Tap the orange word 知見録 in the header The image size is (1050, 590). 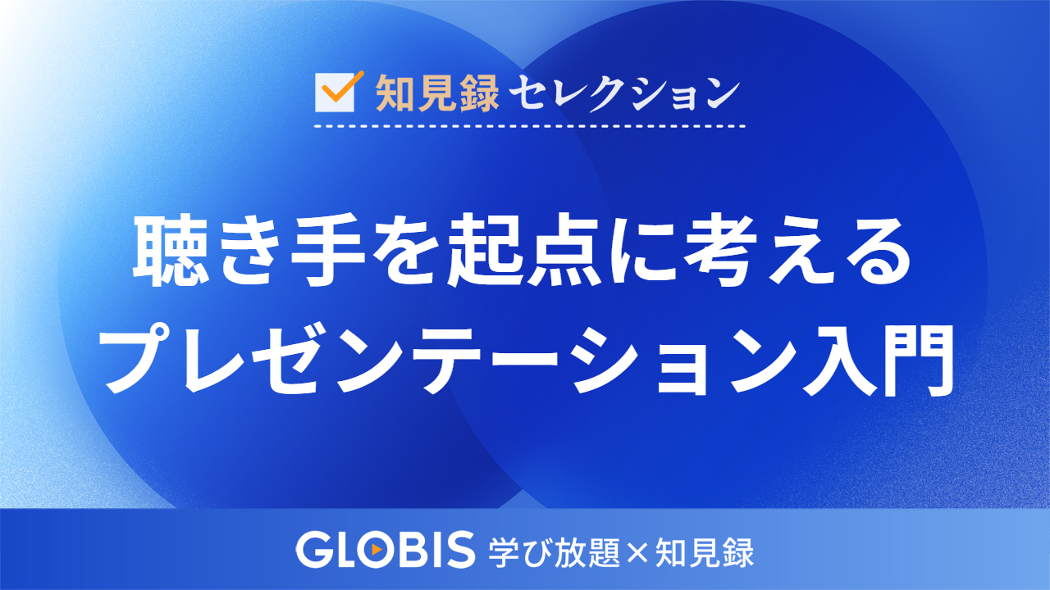click(437, 93)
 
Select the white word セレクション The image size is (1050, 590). click(624, 93)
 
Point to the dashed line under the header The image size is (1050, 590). click(530, 127)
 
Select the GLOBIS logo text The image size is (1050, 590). click(386, 550)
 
